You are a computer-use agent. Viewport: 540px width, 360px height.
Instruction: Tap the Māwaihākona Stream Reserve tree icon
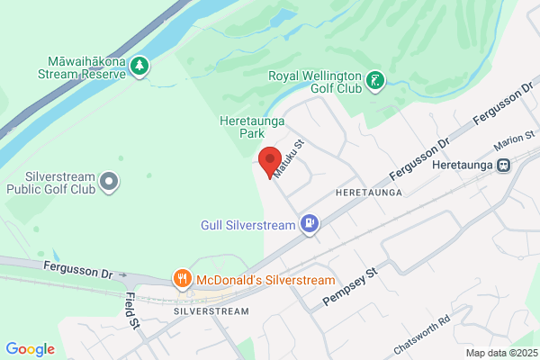click(x=139, y=66)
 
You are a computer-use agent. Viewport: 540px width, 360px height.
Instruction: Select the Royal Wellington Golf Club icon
click(x=377, y=81)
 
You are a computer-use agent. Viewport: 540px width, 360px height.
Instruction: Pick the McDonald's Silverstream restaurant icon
click(x=182, y=279)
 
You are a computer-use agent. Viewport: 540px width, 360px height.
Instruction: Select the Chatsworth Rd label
click(x=434, y=335)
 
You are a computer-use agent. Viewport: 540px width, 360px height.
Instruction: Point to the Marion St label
click(x=516, y=140)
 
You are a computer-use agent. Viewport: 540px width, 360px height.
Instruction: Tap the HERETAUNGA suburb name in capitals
click(x=366, y=193)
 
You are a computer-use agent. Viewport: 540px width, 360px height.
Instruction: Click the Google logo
click(x=30, y=349)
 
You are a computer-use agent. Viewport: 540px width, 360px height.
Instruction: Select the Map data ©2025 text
click(x=499, y=352)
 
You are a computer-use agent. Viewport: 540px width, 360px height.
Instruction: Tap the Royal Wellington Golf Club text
click(x=314, y=82)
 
